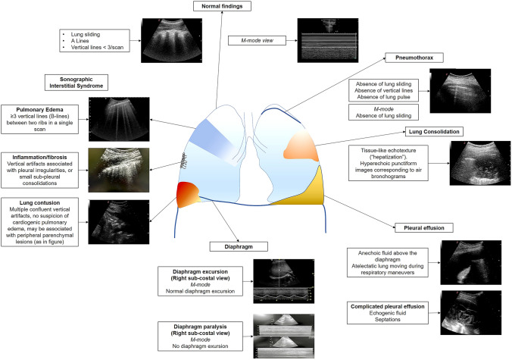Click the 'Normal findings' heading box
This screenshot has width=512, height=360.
point(222,7)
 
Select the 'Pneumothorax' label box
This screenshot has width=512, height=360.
point(413,57)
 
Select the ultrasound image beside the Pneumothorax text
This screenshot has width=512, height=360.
point(455,91)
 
